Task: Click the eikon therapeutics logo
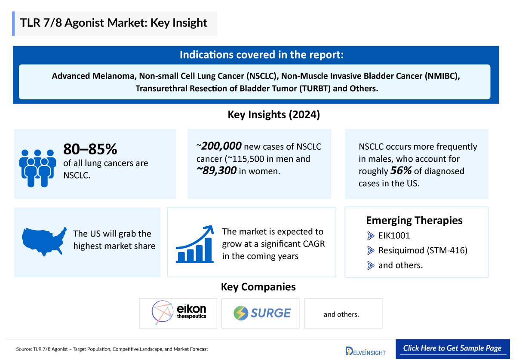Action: coord(179,312)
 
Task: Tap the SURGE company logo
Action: coord(262,313)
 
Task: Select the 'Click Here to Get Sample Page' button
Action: coord(452,348)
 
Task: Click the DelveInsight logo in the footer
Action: coord(365,351)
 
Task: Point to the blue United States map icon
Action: coord(44,241)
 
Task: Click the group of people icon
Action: coord(37,168)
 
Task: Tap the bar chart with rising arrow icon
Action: coord(195,244)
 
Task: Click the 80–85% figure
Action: coord(90,149)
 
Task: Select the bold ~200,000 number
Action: coord(219,146)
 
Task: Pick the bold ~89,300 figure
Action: coord(216,171)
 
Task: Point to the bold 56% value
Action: coord(401,171)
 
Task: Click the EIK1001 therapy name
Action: coord(394,236)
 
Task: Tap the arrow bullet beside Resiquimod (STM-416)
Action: coord(371,250)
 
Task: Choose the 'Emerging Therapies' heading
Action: coord(414,220)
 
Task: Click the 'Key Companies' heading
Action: coord(258,287)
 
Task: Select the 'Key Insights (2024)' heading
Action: coord(274,114)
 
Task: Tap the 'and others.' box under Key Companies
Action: coord(343,313)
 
